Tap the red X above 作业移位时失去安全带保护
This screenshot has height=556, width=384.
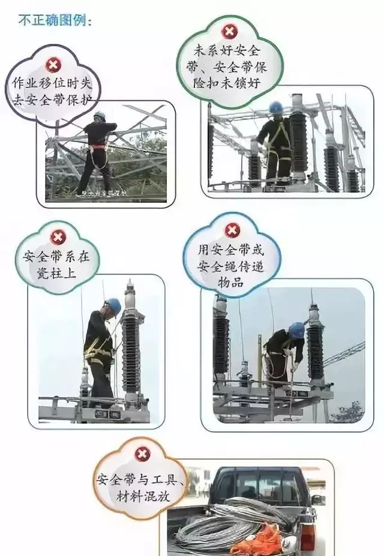coord(53,64)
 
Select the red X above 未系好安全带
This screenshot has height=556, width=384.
coord(229,32)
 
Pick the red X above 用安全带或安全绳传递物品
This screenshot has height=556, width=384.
coord(232,229)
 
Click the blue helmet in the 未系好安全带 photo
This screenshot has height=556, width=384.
coord(275,107)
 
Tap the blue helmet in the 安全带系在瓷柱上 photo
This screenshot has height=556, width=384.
coord(113,305)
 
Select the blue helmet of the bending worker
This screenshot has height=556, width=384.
coord(296,329)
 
